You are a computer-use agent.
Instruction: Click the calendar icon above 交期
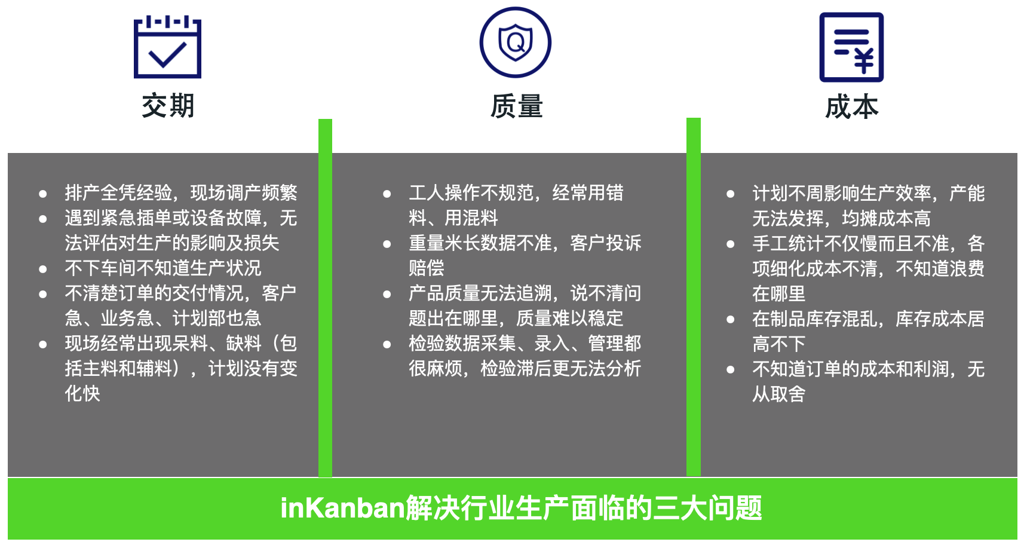(x=167, y=47)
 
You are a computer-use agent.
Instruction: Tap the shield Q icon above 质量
(x=515, y=42)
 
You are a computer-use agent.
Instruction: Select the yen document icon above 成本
(x=851, y=47)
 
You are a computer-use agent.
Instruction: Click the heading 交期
(x=168, y=106)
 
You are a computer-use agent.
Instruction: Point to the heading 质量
(x=517, y=106)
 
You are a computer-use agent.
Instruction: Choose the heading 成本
(x=852, y=107)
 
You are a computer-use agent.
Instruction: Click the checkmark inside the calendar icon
(x=168, y=55)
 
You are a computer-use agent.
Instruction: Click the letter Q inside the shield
(x=516, y=42)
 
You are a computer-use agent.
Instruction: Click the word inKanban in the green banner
(x=343, y=507)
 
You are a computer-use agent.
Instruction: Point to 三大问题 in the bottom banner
(x=707, y=508)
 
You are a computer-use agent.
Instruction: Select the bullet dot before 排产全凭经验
(x=43, y=194)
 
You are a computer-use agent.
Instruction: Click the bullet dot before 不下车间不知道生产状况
(x=43, y=270)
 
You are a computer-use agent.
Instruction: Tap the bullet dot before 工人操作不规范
(x=387, y=194)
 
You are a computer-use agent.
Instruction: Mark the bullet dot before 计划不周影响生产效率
(x=731, y=194)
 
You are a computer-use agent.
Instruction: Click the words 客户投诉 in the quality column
(x=606, y=243)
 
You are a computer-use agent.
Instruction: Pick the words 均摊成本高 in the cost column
(x=887, y=218)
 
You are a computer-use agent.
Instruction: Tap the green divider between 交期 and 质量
(x=325, y=298)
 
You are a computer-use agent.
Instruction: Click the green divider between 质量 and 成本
(x=694, y=297)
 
